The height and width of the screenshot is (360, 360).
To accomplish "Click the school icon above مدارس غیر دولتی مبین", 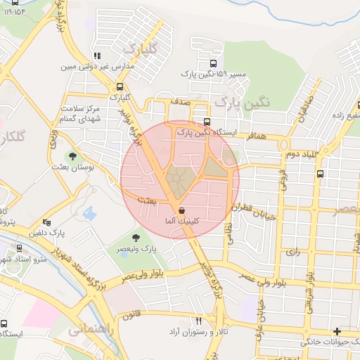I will [x=96, y=56].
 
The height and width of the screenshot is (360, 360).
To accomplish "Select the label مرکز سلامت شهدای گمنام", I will [x=80, y=115].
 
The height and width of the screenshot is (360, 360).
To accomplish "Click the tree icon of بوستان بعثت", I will [x=72, y=156].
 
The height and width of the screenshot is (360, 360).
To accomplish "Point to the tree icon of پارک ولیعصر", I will [x=136, y=238].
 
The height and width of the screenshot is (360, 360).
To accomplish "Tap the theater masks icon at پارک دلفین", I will [x=47, y=222].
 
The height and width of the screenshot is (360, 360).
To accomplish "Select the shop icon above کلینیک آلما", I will [x=182, y=210].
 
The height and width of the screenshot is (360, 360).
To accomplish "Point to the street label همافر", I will [x=257, y=136].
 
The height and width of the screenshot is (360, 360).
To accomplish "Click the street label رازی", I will [x=293, y=250].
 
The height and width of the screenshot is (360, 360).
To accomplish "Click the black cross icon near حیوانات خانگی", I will [x=337, y=331].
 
